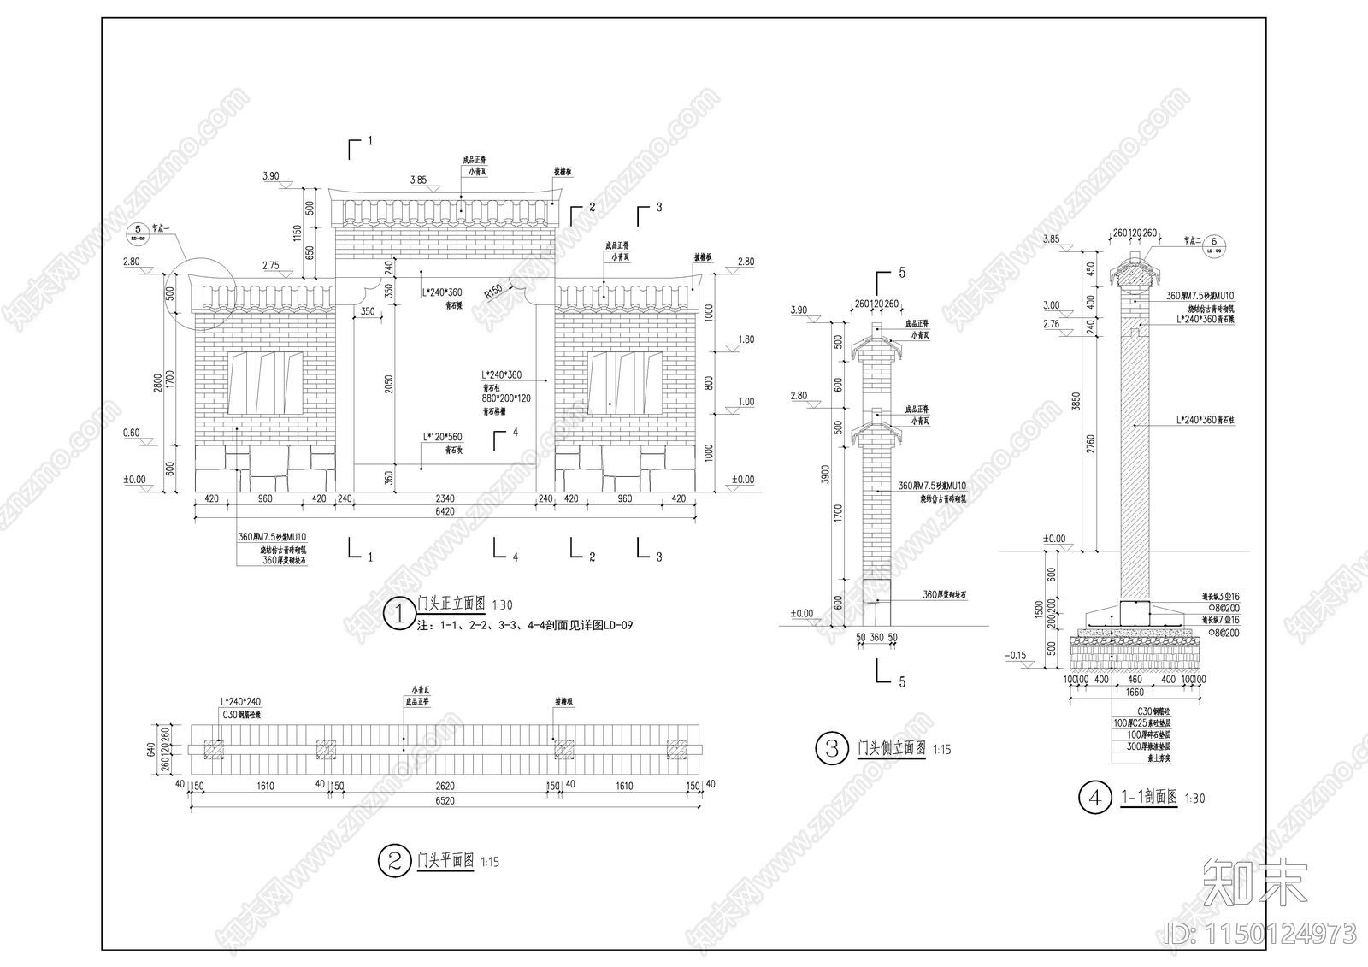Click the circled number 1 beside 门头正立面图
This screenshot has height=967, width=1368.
click(x=398, y=613)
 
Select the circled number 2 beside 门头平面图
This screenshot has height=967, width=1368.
click(x=394, y=861)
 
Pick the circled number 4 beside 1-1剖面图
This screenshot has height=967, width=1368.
click(x=1094, y=799)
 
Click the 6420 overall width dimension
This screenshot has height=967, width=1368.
click(x=445, y=512)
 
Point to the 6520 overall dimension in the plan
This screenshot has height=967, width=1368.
click(x=445, y=801)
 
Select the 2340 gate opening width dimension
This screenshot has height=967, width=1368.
click(x=445, y=498)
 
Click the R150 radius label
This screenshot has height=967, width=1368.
click(x=493, y=292)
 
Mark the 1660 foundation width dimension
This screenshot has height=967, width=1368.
click(x=1135, y=693)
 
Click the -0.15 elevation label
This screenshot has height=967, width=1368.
click(x=1016, y=656)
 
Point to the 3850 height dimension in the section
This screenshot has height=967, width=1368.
click(x=1076, y=402)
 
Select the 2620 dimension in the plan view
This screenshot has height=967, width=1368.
click(x=445, y=786)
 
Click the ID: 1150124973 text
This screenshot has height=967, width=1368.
click(x=1260, y=932)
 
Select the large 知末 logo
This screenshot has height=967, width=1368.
click(x=1254, y=883)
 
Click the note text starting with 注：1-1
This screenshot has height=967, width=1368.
click(x=524, y=626)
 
